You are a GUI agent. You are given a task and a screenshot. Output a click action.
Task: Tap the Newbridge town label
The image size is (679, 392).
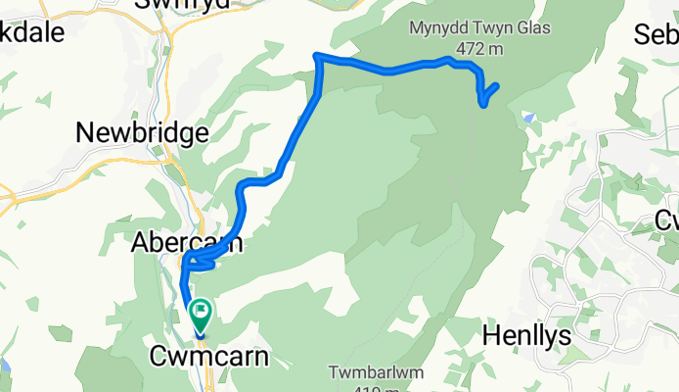(142, 133)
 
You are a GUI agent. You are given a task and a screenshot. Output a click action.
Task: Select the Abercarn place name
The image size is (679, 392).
(187, 244)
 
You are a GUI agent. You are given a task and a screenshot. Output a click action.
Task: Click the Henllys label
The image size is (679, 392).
(529, 335)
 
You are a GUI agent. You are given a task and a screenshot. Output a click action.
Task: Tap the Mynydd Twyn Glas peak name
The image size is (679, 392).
(474, 29)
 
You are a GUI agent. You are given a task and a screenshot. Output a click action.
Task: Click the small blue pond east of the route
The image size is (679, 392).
(528, 118)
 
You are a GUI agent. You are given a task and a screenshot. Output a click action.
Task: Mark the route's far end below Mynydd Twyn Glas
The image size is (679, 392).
(498, 86)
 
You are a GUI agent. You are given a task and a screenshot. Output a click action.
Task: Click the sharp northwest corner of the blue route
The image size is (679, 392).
(316, 57)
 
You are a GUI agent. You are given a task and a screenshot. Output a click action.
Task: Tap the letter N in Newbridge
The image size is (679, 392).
(85, 133)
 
